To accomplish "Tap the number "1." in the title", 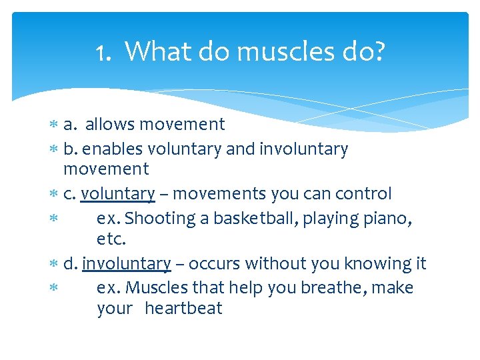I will [x=104, y=51].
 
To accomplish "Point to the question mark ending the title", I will [x=379, y=51].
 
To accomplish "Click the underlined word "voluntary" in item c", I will [x=118, y=194].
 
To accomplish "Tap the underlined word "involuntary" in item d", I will [x=127, y=264].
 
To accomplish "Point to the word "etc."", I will [x=111, y=239].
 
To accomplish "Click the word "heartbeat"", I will [x=183, y=309].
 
